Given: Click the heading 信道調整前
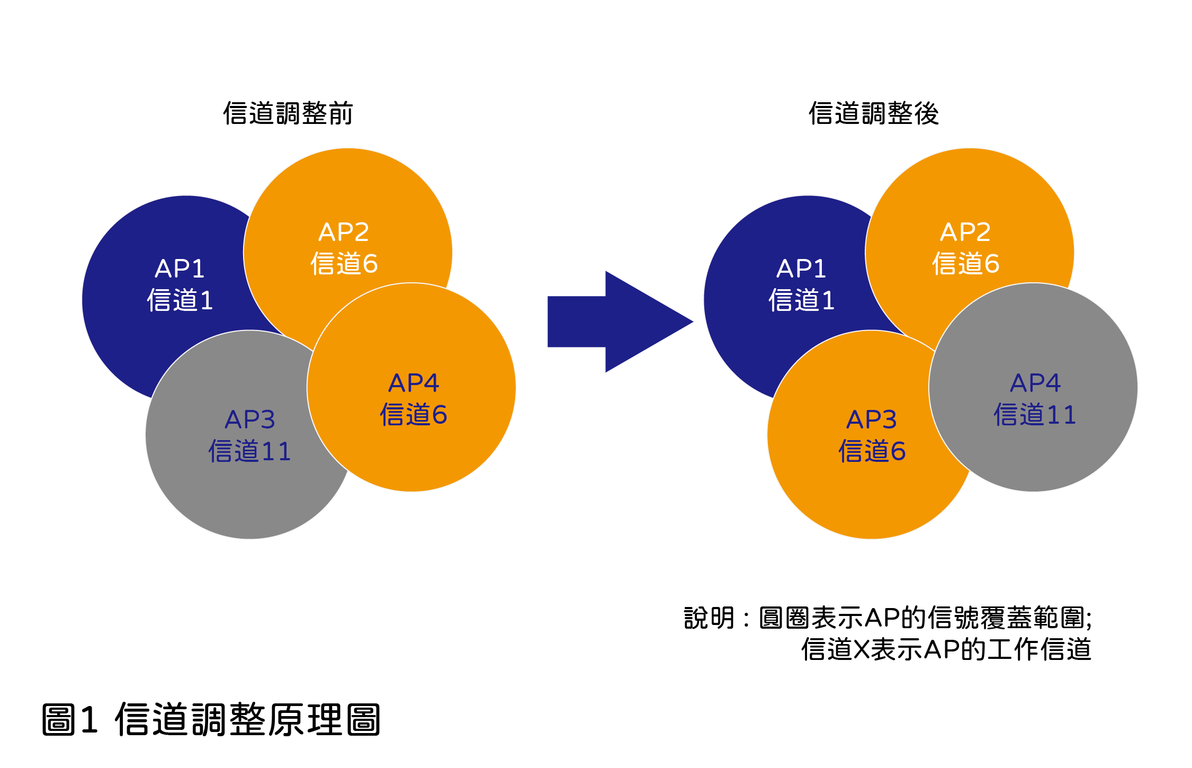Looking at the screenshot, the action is pyautogui.click(x=288, y=113).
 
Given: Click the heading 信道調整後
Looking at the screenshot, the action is pyautogui.click(x=874, y=113).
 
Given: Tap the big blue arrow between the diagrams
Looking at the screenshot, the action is pyautogui.click(x=620, y=322).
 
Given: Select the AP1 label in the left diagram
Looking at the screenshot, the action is pyautogui.click(x=180, y=269).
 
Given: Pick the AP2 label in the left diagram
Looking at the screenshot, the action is pyautogui.click(x=344, y=232).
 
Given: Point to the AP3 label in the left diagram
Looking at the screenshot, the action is pyautogui.click(x=250, y=419).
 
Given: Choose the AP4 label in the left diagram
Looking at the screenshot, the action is pyautogui.click(x=414, y=383).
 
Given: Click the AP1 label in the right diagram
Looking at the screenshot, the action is pyautogui.click(x=801, y=269).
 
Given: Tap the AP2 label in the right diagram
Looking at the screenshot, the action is pyautogui.click(x=965, y=232).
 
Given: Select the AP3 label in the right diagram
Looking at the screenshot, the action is pyautogui.click(x=872, y=419).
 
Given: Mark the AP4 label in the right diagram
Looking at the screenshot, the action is pyautogui.click(x=1035, y=383).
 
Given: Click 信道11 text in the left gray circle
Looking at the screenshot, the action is pyautogui.click(x=250, y=451).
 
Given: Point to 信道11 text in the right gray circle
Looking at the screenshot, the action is pyautogui.click(x=1035, y=414).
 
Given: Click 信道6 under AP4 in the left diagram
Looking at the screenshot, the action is pyautogui.click(x=414, y=414).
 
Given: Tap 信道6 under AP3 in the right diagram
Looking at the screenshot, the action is pyautogui.click(x=872, y=451).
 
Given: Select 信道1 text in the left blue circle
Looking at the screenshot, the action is pyautogui.click(x=180, y=300).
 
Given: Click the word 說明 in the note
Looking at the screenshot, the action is pyautogui.click(x=709, y=618).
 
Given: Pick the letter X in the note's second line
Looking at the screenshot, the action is pyautogui.click(x=862, y=649).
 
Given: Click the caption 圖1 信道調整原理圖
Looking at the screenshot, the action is pyautogui.click(x=211, y=720).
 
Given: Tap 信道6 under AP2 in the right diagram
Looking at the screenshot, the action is pyautogui.click(x=965, y=263).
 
